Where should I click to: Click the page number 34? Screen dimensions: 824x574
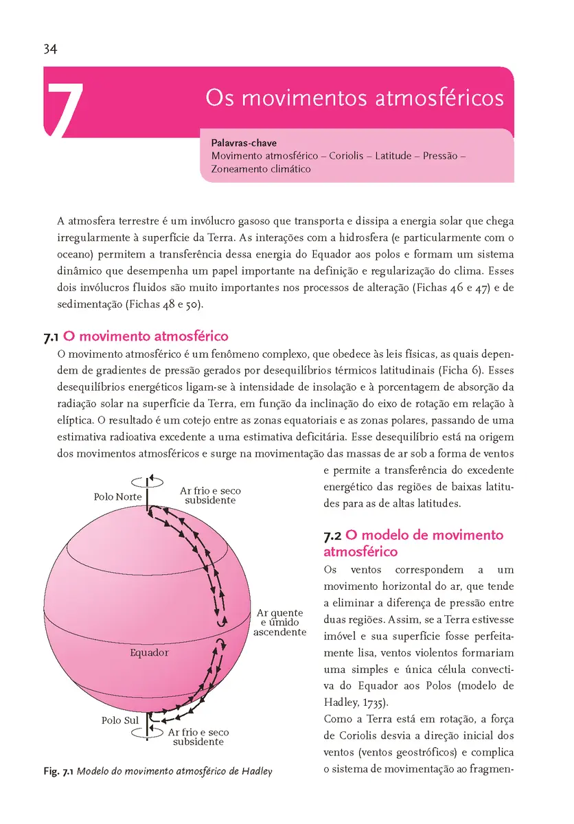[49, 49]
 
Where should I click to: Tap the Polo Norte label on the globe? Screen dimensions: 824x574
[117, 496]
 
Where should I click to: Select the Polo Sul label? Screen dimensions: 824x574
[120, 720]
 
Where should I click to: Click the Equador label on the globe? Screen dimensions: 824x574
[149, 652]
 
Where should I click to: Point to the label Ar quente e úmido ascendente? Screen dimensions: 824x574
[279, 622]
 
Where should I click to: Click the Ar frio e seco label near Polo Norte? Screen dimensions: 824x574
[210, 496]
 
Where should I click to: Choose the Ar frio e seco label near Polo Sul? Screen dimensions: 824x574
[198, 737]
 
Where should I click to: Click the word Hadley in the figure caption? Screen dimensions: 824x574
[257, 771]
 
